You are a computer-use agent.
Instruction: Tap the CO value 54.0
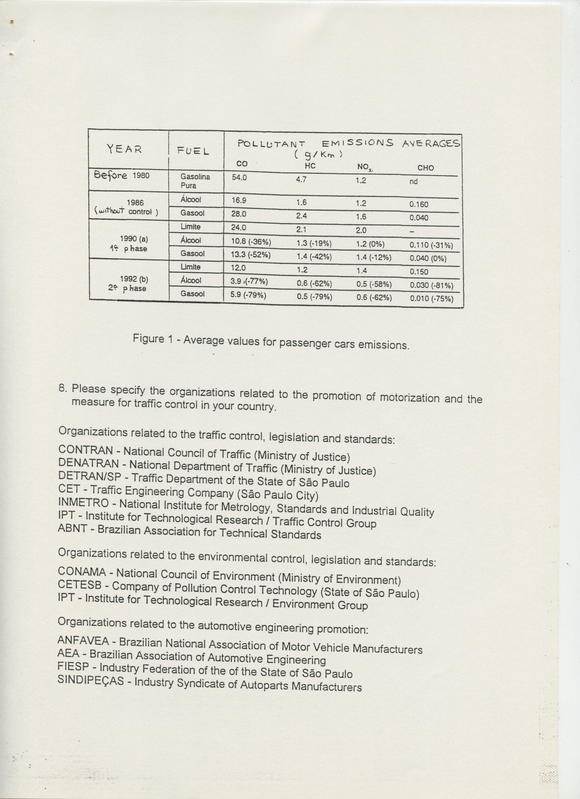(239, 178)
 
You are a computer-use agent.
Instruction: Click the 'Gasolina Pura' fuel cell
(195, 181)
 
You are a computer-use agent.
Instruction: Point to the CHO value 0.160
(418, 204)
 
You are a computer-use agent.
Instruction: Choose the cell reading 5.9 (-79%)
(248, 295)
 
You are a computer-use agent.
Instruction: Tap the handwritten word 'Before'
(110, 175)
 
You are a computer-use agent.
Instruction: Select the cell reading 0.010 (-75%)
(432, 299)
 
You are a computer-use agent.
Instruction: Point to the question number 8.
(62, 389)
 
